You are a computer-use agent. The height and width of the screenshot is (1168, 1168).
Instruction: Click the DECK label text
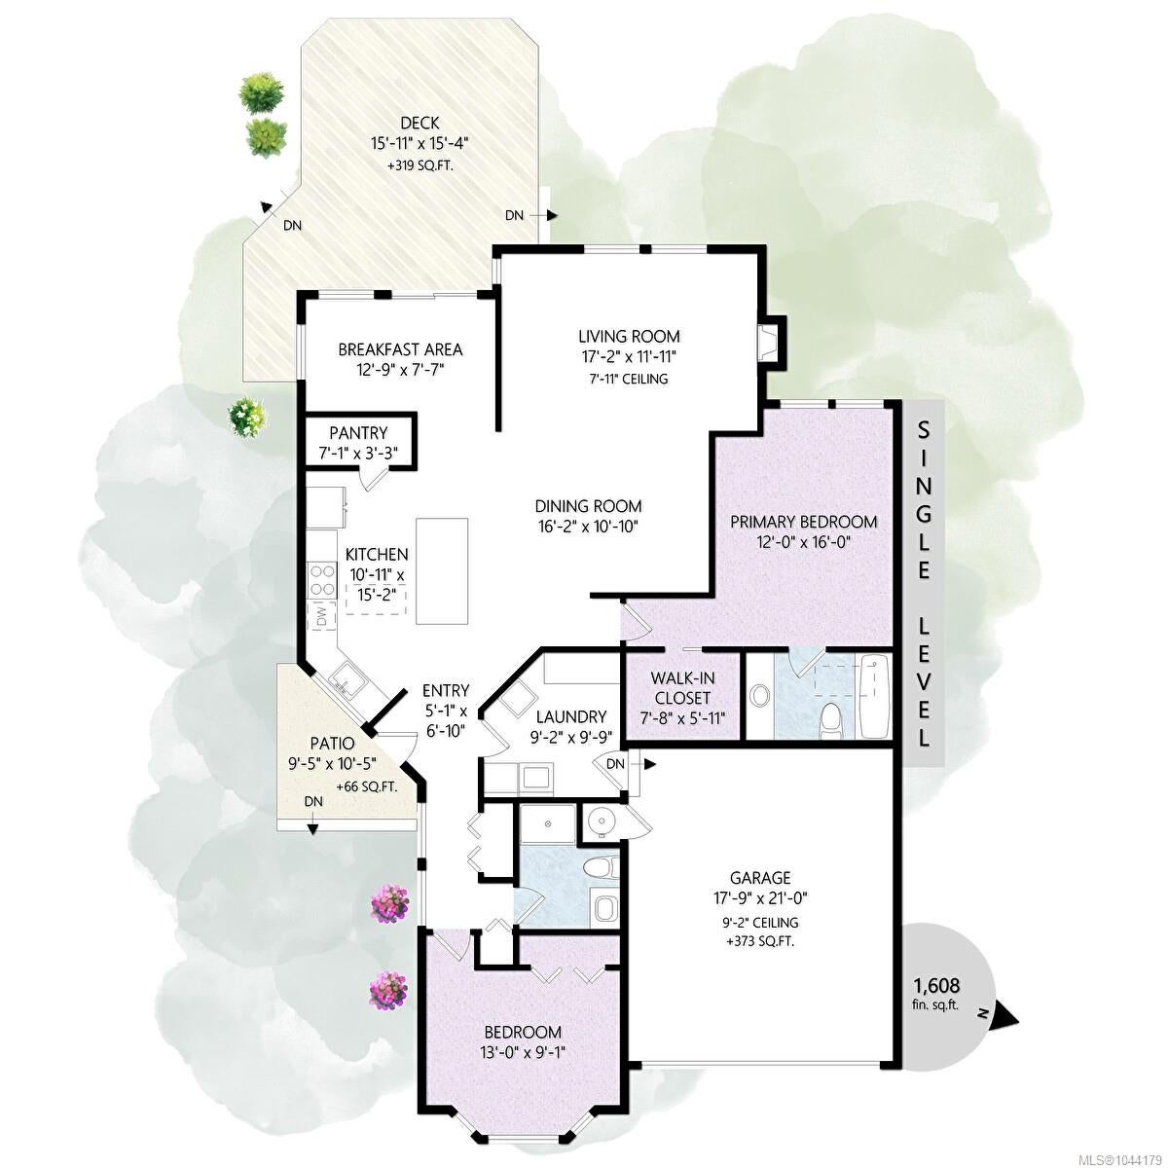tap(420, 123)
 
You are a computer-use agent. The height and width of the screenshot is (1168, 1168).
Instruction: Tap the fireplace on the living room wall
tap(770, 343)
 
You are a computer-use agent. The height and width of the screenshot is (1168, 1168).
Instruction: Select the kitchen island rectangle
tap(441, 571)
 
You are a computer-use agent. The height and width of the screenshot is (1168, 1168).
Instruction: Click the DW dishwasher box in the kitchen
tap(321, 616)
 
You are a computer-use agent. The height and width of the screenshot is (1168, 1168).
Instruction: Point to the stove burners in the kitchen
tap(322, 578)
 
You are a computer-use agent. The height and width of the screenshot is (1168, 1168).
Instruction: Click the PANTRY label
tap(358, 433)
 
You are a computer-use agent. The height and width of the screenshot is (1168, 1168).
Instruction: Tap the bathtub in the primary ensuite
tap(873, 695)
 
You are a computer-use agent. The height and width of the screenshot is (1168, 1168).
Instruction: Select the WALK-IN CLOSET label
tap(682, 687)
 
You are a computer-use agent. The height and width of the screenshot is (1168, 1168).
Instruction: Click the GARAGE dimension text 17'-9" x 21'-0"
tap(760, 897)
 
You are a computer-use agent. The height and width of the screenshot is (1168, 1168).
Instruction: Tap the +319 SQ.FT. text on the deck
tap(420, 165)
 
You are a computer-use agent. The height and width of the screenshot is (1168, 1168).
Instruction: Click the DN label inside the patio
tap(313, 801)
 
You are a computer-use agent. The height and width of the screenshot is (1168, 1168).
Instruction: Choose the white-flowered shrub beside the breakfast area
tap(246, 417)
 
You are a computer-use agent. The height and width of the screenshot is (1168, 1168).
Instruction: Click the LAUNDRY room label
tap(571, 716)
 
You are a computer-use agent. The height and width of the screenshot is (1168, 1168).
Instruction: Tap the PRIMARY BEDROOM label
tap(804, 522)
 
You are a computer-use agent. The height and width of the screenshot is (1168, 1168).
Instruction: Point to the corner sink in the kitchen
tap(348, 679)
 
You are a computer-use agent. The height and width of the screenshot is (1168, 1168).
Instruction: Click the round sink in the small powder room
tap(602, 821)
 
